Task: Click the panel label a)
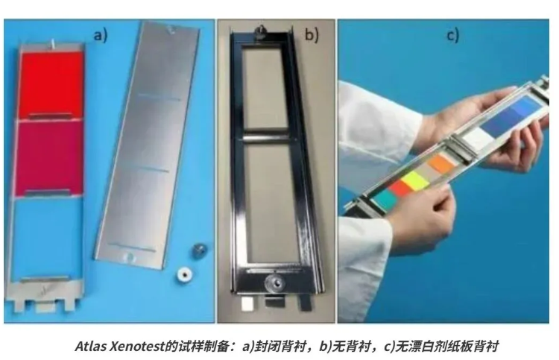(x=100, y=36)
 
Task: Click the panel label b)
(x=312, y=35)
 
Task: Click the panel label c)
(x=452, y=36)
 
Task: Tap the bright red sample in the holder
(x=51, y=84)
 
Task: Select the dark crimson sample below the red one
(x=48, y=157)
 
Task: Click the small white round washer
(x=185, y=274)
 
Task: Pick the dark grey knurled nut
(x=199, y=250)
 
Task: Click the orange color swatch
(x=441, y=163)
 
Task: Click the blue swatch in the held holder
(x=512, y=114)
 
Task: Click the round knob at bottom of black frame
(x=274, y=283)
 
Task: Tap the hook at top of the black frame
(x=262, y=30)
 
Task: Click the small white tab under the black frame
(x=247, y=303)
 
